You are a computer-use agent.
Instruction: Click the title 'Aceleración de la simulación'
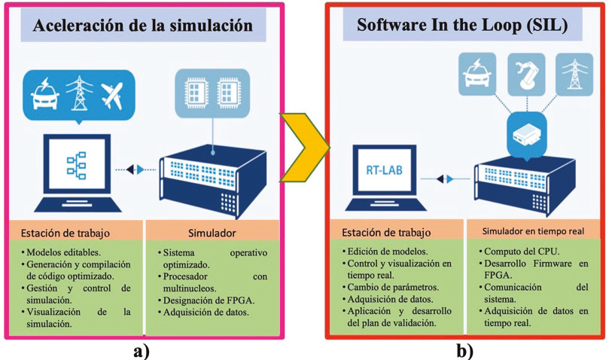[x=143, y=26]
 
